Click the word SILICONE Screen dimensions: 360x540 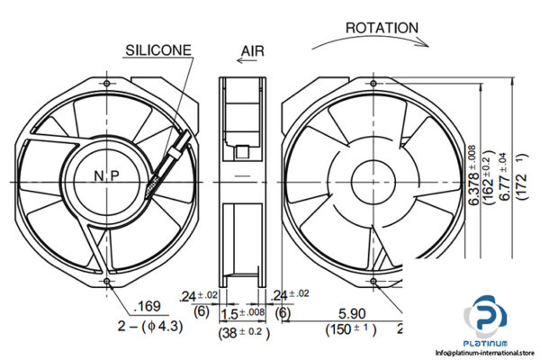pos(158,50)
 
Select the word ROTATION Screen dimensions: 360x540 pos(382,28)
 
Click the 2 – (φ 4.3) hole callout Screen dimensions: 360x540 pos(151,327)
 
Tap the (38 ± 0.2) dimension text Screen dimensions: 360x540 pos(244,331)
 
